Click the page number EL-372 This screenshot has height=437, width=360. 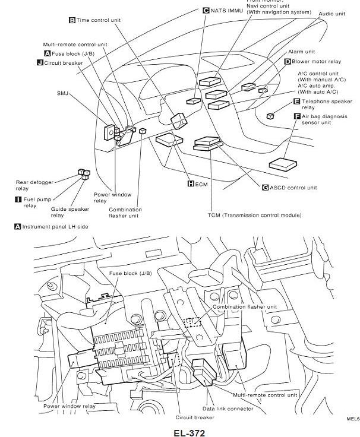click(190, 432)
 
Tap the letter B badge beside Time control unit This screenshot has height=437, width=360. click(72, 20)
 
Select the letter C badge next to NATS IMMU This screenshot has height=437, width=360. click(206, 10)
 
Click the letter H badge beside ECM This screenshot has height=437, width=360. click(191, 183)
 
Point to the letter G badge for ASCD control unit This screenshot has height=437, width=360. click(266, 188)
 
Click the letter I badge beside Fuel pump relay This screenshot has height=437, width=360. click(18, 199)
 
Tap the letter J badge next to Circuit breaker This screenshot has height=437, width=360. click(39, 62)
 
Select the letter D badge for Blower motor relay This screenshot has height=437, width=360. click(287, 61)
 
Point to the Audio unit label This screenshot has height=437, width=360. click(331, 13)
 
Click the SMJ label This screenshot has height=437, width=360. click(62, 93)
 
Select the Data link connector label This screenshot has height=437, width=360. click(228, 408)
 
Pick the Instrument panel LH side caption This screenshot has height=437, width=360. click(55, 227)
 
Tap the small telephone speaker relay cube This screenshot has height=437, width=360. click(270, 116)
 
